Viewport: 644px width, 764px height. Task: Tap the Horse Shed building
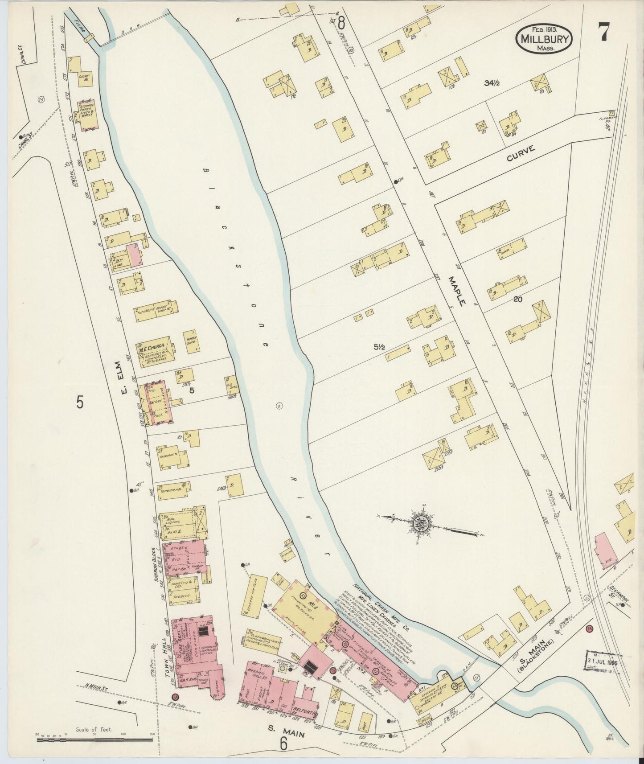point(191,341)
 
